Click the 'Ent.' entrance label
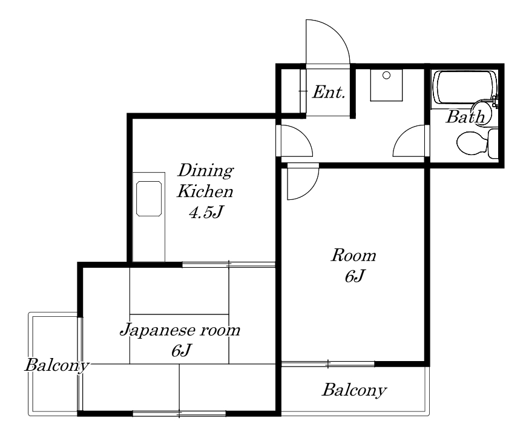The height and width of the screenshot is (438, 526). (x=329, y=92)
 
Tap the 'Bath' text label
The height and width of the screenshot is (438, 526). (x=465, y=117)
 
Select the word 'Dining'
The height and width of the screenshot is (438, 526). (x=205, y=170)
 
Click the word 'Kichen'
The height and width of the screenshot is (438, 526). (x=205, y=191)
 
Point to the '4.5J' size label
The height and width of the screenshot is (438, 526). (x=206, y=212)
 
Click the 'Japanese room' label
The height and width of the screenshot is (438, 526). (x=180, y=330)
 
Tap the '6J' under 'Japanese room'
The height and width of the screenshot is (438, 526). (x=181, y=351)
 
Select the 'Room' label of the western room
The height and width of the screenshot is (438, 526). (x=353, y=256)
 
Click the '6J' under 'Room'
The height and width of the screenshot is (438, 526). (x=355, y=276)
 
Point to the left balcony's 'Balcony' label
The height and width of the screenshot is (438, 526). (x=58, y=365)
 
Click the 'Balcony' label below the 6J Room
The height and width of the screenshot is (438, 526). (x=354, y=390)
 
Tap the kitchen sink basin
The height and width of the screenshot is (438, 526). (x=149, y=199)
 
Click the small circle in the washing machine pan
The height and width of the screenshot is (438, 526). (x=386, y=76)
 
